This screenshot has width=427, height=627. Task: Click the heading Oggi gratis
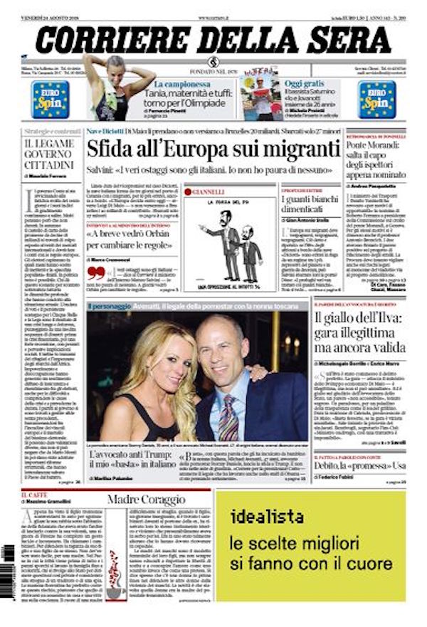pyautogui.click(x=305, y=83)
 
